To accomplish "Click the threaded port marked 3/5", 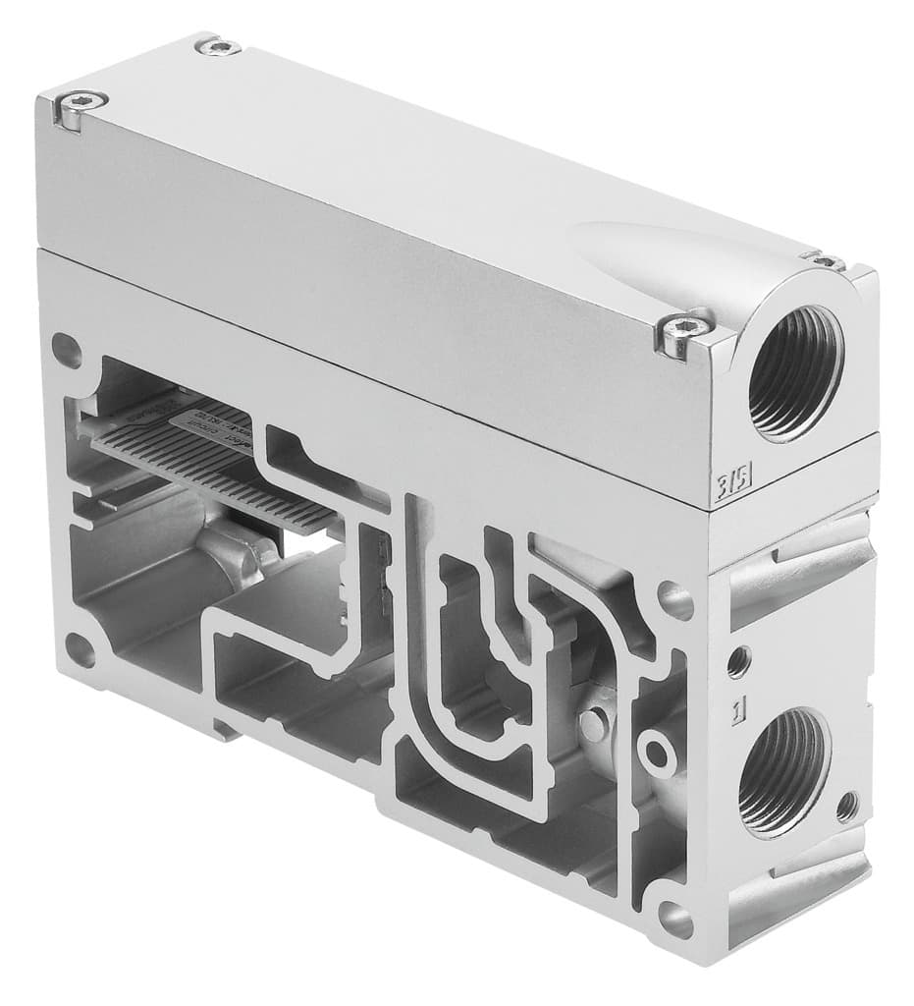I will (x=794, y=372).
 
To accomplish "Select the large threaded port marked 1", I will (x=782, y=770).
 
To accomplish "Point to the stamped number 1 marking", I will (x=734, y=707).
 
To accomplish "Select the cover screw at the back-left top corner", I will (x=219, y=45).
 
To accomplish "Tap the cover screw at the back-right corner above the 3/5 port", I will (x=826, y=260).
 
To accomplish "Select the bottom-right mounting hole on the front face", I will (x=675, y=919).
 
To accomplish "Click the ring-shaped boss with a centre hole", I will (x=656, y=753).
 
